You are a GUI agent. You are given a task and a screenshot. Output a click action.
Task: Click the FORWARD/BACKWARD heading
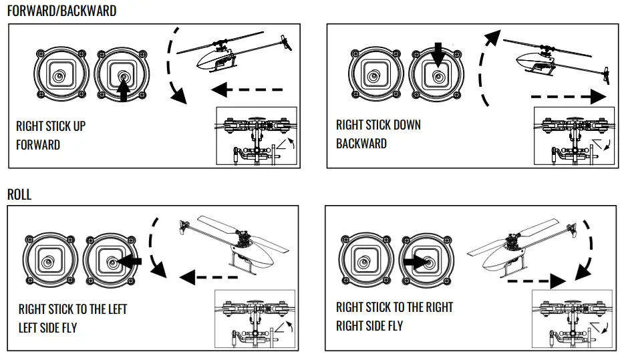coord(61,11)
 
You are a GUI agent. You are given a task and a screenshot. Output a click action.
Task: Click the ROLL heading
coord(19,195)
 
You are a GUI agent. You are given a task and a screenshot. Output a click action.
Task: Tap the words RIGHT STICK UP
coord(51,126)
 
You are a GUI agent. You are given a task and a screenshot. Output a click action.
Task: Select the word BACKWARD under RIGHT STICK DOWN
coord(361,144)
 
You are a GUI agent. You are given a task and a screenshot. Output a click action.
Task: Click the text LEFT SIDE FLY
coord(47,328)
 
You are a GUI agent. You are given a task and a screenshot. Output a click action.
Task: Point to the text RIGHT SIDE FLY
coord(369,326)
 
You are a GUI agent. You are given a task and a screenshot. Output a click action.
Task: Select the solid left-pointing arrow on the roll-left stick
coord(131,262)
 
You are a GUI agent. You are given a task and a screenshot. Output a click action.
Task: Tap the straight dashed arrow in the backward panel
coord(569,97)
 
